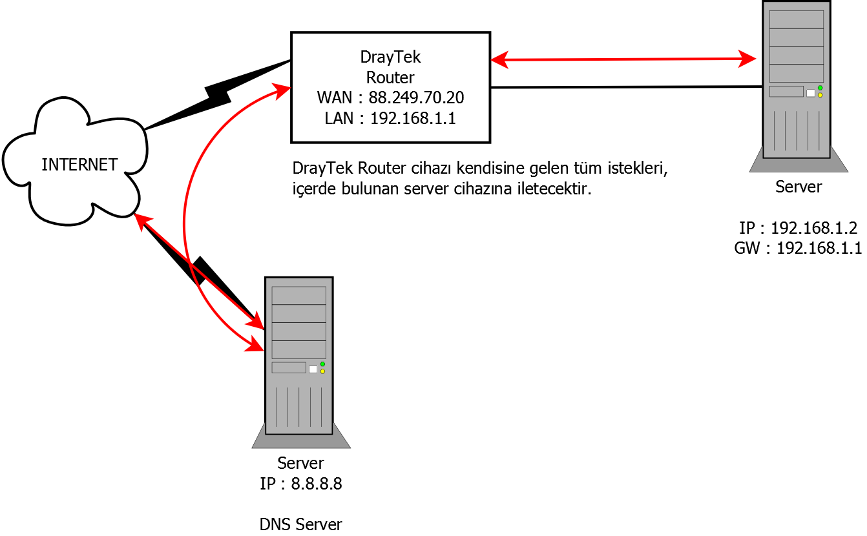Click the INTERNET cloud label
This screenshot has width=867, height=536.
pos(79,165)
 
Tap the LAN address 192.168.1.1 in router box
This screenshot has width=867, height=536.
pos(413,118)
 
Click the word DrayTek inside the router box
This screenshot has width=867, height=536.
pos(390,57)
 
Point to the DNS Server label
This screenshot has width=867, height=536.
pos(300,524)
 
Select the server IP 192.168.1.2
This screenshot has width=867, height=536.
pos(813,228)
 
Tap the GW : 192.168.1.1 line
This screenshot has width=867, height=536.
pos(798,248)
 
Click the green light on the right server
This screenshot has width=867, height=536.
pos(820,88)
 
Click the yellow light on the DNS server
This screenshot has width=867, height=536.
pos(322,371)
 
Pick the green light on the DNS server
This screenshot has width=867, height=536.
pos(322,364)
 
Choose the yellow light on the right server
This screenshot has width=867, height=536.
pos(820,95)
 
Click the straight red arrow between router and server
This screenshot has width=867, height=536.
pos(623,60)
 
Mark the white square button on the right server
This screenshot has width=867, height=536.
pos(810,93)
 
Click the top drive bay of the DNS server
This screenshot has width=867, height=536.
pos(298,296)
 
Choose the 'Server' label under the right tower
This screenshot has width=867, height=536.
pos(799,187)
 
